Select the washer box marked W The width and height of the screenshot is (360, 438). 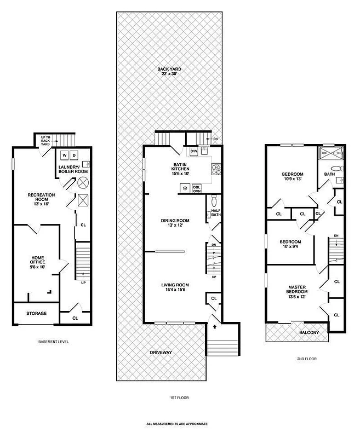[x=64, y=155]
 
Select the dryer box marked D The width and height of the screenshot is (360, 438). [x=75, y=155]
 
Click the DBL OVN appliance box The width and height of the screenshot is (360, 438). [x=197, y=188]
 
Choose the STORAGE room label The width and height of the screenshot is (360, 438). [x=36, y=313]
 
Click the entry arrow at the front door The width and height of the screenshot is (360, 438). [x=214, y=326]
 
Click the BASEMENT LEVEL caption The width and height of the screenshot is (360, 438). [x=53, y=342]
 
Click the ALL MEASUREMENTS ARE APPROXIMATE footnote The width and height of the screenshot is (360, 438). [x=179, y=424]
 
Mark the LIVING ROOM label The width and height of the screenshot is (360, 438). [x=175, y=285]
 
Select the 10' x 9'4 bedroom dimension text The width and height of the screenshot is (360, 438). [x=290, y=247]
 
